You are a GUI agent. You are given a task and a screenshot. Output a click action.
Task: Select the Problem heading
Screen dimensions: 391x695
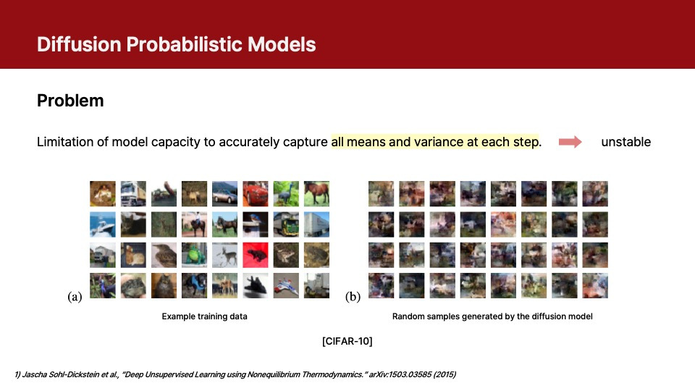pos(70,101)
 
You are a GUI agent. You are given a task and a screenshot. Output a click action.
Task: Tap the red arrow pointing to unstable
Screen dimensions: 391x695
pos(570,142)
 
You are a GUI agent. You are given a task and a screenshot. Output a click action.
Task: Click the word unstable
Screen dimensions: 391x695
pos(625,142)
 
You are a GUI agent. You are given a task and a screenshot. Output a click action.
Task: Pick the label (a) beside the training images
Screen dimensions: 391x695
pos(75,297)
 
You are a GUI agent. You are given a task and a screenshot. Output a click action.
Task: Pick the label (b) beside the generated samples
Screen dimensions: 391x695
pos(353,297)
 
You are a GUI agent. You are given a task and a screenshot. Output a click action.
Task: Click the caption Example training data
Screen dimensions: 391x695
pos(204,316)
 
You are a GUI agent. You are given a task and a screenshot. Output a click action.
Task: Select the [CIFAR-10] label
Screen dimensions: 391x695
pos(347,340)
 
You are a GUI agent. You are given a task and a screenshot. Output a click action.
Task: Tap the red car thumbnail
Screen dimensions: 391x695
pos(255,193)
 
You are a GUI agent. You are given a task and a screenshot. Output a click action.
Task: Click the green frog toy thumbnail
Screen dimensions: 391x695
pos(194,255)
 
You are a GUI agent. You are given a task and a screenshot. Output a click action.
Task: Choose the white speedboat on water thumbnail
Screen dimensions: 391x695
pos(102,224)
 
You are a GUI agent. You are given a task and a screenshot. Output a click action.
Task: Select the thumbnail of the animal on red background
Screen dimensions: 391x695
pos(255,255)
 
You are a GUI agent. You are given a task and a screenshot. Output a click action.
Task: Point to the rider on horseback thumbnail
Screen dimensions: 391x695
pos(194,224)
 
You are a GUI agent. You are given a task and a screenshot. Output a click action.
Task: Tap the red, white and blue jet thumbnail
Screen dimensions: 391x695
pos(285,285)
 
